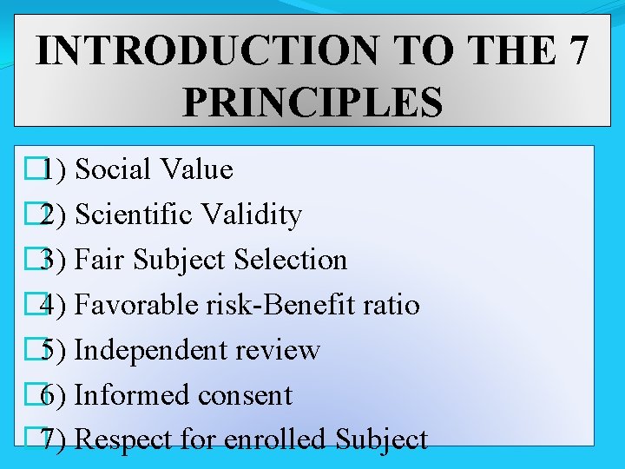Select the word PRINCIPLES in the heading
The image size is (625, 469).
tap(312, 102)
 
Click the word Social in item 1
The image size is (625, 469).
tap(113, 169)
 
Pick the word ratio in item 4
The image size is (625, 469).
tap(394, 305)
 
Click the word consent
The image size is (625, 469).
tap(245, 395)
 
